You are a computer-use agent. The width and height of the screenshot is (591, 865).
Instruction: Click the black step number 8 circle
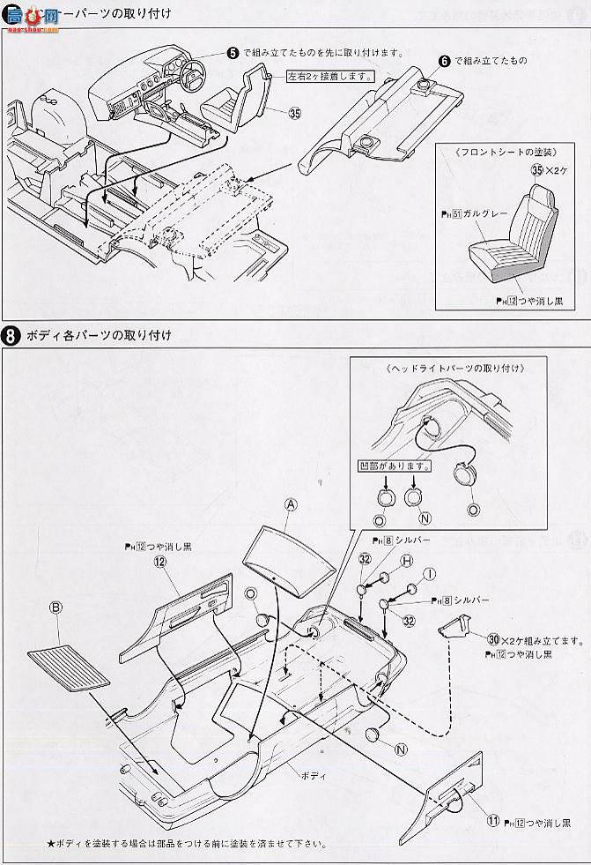click(x=12, y=335)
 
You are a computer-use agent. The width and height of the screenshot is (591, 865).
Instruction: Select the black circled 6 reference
click(x=444, y=61)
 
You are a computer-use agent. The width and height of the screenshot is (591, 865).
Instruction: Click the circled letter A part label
click(x=290, y=503)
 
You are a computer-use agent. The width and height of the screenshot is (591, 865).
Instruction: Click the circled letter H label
click(x=407, y=561)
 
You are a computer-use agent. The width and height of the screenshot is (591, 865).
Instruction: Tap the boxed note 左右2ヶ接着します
click(x=327, y=76)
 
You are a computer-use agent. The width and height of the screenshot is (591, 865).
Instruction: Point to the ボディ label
click(x=313, y=774)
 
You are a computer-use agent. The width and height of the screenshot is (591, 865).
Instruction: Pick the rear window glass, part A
click(x=285, y=552)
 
